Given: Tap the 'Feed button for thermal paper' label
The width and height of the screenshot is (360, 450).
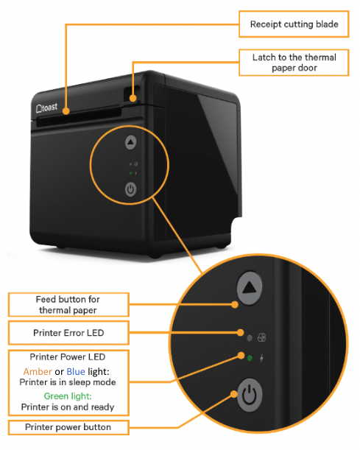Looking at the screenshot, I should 68,304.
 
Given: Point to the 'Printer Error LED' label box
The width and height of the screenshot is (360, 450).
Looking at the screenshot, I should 68,332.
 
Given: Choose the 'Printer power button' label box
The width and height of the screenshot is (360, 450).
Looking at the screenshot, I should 68,427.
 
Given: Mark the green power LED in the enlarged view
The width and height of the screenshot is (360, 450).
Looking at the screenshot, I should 250,359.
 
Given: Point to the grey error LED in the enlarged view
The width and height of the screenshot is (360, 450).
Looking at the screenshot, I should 250,338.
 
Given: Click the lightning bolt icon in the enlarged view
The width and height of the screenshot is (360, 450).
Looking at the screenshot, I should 262,359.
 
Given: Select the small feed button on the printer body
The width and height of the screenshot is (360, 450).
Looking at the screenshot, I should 130,142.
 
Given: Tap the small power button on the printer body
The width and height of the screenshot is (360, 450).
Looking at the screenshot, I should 130,189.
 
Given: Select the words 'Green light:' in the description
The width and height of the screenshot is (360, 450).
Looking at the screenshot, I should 68,395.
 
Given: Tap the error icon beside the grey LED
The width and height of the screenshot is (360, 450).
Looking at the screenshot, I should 261,338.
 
